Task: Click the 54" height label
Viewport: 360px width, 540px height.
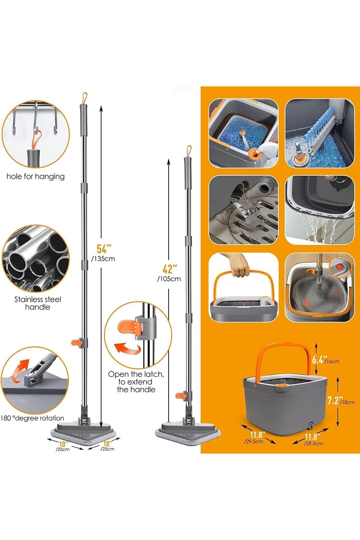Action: click(x=104, y=249)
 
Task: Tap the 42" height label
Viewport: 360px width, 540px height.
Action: click(x=170, y=269)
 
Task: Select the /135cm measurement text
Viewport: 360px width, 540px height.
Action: click(x=103, y=259)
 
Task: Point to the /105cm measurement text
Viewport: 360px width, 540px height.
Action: click(x=169, y=279)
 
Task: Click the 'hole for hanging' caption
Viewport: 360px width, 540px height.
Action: click(x=36, y=176)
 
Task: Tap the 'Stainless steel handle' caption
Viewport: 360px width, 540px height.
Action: click(x=38, y=303)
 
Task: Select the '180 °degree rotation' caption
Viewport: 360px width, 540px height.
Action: click(x=32, y=418)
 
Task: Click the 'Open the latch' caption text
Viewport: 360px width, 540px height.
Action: click(x=136, y=374)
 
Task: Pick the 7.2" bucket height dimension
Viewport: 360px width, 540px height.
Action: click(x=333, y=400)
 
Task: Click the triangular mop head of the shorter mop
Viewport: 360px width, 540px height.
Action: click(x=188, y=431)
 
